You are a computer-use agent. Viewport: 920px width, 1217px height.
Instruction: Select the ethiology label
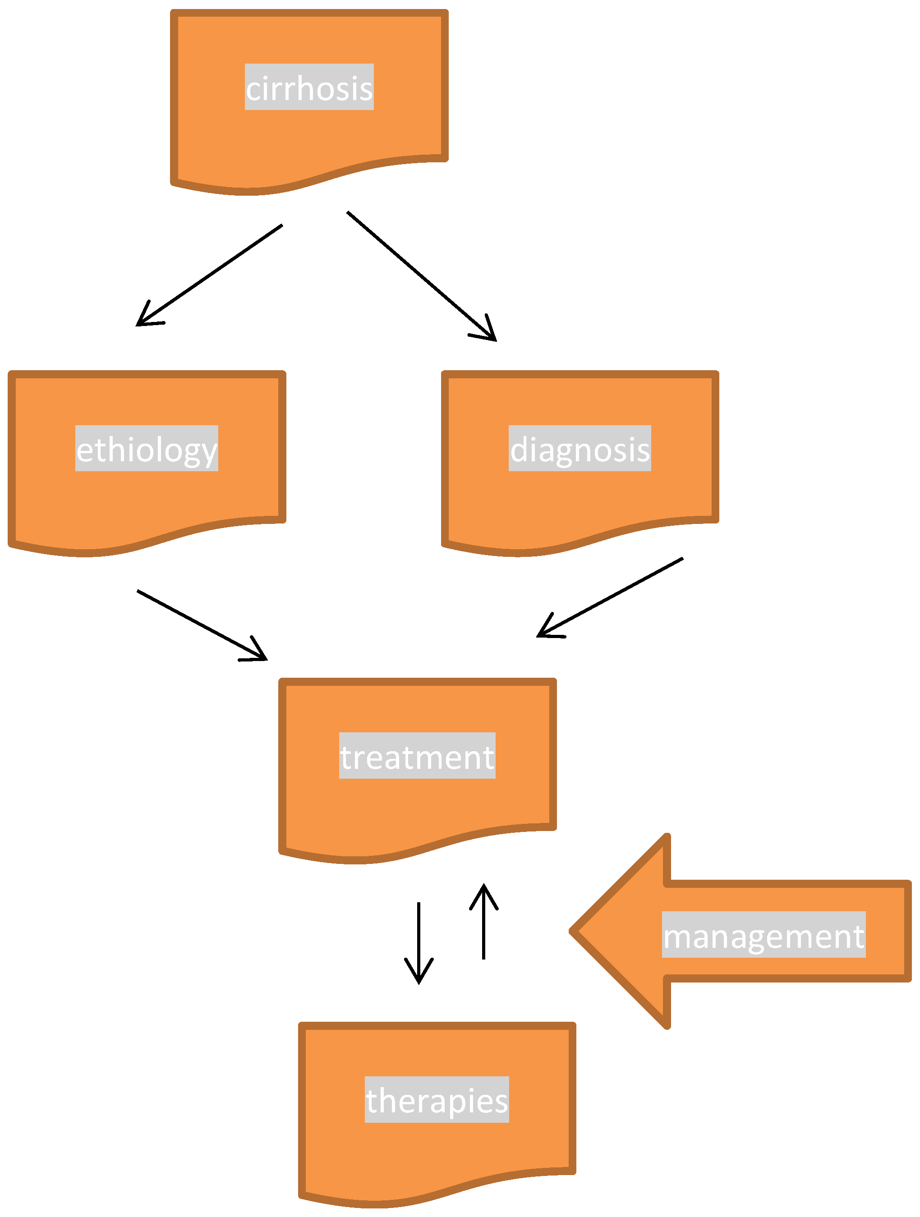tap(147, 448)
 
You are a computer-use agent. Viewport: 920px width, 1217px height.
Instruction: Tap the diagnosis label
tap(580, 448)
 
